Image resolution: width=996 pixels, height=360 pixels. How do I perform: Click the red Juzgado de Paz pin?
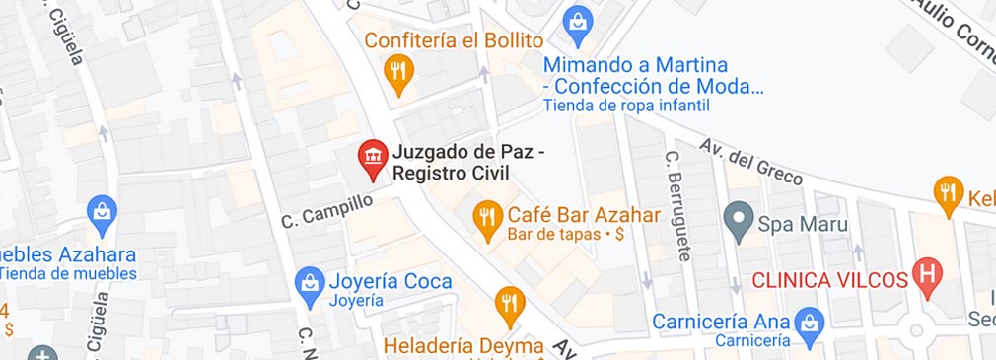pyautogui.click(x=372, y=158)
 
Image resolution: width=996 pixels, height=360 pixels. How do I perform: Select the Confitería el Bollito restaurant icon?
pyautogui.click(x=397, y=70)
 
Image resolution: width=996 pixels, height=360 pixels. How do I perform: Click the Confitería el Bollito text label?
pyautogui.click(x=454, y=40)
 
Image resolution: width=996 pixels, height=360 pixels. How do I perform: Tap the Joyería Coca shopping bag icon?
pyautogui.click(x=310, y=283)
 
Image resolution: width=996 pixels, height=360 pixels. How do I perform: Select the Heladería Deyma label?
pyautogui.click(x=463, y=346)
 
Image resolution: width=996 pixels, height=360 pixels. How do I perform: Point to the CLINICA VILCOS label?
pyautogui.click(x=828, y=279)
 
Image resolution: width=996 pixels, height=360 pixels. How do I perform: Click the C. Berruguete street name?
pyautogui.click(x=676, y=205)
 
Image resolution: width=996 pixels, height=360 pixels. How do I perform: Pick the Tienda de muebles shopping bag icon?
pyautogui.click(x=102, y=209)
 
